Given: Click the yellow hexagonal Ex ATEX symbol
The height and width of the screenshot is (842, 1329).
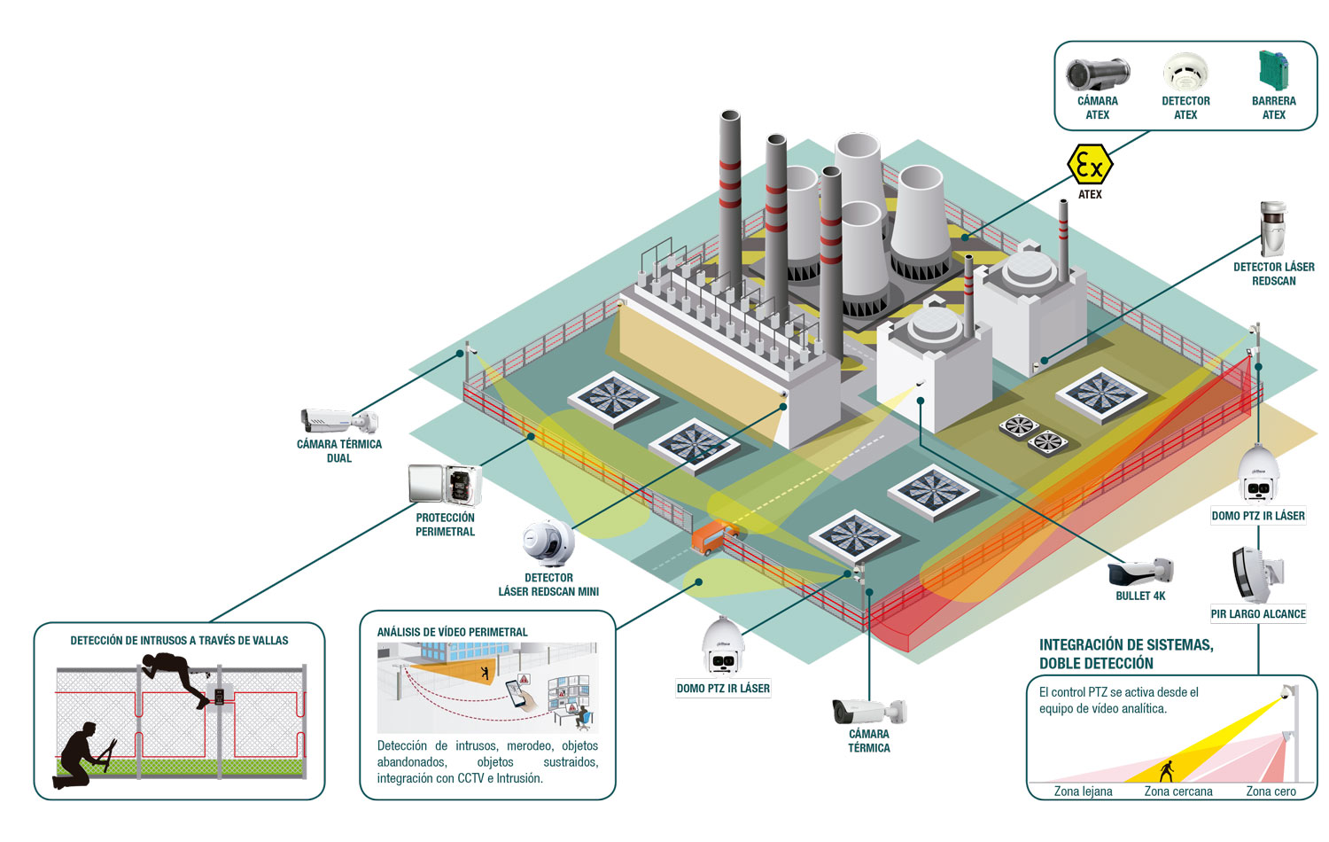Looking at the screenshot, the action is coord(1090,164).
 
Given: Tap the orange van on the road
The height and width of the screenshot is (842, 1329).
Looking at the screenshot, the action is coord(714,536).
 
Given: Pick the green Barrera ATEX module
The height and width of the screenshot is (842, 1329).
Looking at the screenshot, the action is coord(1274,70).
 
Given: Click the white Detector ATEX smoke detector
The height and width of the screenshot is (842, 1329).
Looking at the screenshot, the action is coord(1185,71).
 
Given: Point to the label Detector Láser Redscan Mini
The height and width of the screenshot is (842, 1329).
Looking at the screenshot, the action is coord(548,584).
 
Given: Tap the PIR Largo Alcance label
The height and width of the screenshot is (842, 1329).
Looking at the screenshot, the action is coord(1258,613).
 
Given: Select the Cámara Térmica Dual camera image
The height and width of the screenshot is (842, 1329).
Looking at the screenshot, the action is coord(339,421).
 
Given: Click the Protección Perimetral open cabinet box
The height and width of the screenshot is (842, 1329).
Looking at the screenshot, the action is coord(445,485).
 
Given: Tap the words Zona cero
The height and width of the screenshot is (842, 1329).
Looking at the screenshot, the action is coord(1271,791).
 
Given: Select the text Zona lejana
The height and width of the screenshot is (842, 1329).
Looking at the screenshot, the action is coord(1083,791).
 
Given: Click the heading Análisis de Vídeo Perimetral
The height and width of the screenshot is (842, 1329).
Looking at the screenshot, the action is coord(452,632).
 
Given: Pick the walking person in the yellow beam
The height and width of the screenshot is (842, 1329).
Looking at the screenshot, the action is coord(1167,771).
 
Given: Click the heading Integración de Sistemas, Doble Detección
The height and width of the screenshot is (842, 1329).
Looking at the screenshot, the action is coord(1126,654).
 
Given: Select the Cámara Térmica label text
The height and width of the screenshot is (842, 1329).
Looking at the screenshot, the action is coord(869,741).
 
